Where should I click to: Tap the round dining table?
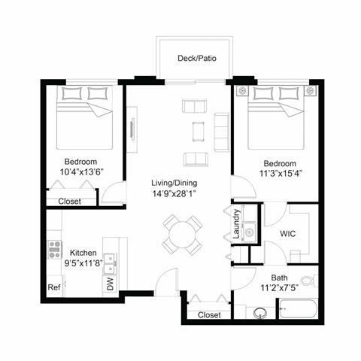point(183,235)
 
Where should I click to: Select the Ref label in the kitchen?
point(53,287)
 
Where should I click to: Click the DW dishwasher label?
point(111,284)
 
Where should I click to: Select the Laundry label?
point(236,223)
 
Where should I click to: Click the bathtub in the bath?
point(300,310)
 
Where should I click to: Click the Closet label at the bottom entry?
point(209,315)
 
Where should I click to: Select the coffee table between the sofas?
point(199,130)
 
